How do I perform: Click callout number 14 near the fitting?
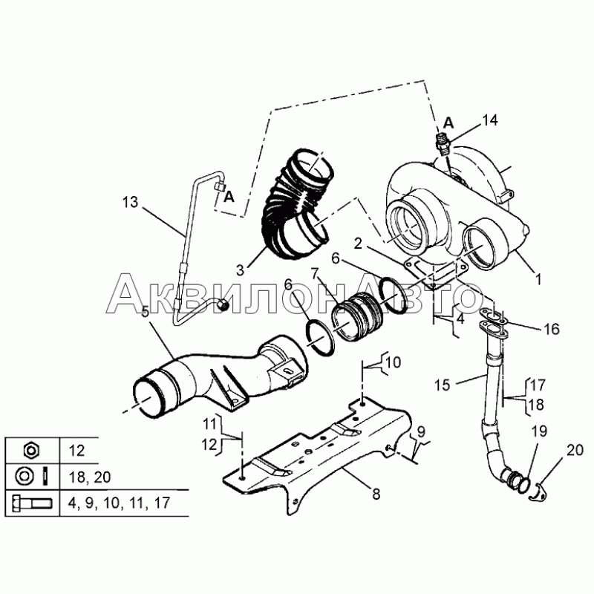pyautogui.click(x=490, y=120)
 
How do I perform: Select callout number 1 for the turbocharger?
pyautogui.click(x=538, y=281)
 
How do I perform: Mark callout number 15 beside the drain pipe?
pyautogui.click(x=443, y=385)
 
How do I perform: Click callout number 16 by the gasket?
pyautogui.click(x=550, y=329)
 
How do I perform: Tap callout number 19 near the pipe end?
pyautogui.click(x=538, y=431)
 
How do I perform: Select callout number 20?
pyautogui.click(x=575, y=449)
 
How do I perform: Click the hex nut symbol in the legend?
pyautogui.click(x=31, y=450)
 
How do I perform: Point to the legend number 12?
pyautogui.click(x=76, y=450)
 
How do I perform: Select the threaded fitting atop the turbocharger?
pyautogui.click(x=443, y=141)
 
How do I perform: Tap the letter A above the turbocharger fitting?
pyautogui.click(x=448, y=121)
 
